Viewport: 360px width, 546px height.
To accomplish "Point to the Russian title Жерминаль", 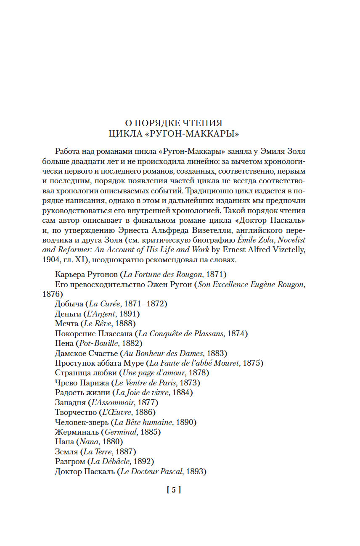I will tap(77, 432).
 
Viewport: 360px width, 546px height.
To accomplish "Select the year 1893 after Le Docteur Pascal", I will tap(196, 472).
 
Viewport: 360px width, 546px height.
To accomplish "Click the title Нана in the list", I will tap(64, 442).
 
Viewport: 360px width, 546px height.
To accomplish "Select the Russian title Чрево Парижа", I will tap(82, 383).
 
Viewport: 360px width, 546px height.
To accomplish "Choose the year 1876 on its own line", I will tap(52, 294).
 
